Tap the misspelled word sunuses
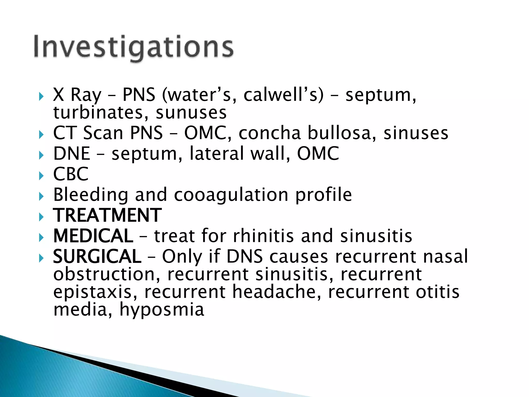click(x=191, y=113)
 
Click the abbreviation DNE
click(x=72, y=154)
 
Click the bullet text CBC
click(x=71, y=174)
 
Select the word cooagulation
click(x=231, y=195)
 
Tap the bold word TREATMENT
click(x=107, y=215)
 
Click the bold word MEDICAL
click(x=93, y=236)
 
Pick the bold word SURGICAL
click(x=97, y=257)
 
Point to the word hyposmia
click(x=162, y=310)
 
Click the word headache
click(x=277, y=292)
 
